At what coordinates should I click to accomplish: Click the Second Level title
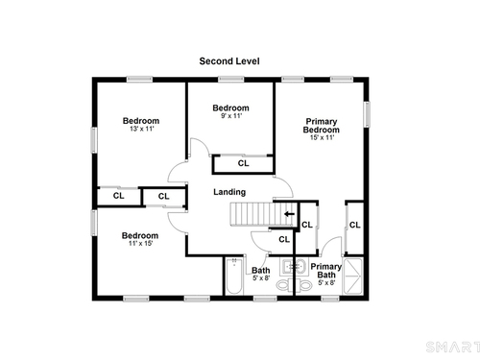229,61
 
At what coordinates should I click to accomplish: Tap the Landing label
229,192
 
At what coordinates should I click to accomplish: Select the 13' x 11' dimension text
142,129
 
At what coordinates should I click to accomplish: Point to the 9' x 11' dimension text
231,116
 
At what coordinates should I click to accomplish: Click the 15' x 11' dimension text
322,137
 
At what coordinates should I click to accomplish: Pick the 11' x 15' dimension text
140,243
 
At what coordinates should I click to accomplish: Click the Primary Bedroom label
322,126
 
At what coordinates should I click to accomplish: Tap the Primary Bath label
326,271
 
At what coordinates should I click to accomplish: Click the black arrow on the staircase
290,214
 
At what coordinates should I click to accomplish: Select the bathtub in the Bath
233,276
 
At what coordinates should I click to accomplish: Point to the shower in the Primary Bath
353,276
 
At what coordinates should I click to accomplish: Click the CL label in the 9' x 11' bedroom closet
243,163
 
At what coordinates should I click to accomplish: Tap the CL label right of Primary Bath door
355,226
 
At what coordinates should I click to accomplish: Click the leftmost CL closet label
118,196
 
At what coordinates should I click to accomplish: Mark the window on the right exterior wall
367,114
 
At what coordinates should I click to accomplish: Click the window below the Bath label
265,299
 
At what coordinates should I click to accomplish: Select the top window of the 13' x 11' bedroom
139,79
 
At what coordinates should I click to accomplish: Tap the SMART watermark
453,348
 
